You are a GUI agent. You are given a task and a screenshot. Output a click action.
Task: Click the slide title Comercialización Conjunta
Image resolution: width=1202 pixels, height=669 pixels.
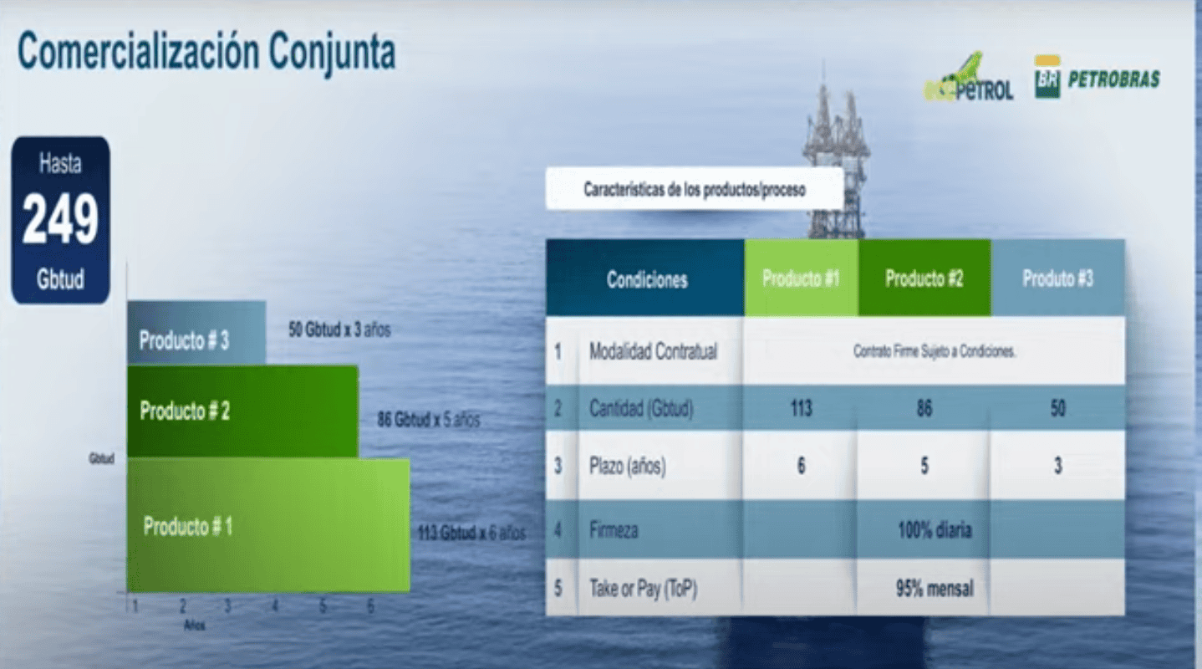point(206,52)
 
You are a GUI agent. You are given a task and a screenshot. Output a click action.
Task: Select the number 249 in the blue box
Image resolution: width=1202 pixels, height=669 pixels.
point(60,220)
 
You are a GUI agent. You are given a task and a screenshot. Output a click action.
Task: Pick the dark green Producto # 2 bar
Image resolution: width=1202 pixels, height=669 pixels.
point(242,411)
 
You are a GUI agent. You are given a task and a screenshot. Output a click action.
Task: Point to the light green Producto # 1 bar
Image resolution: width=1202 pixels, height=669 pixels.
point(267,525)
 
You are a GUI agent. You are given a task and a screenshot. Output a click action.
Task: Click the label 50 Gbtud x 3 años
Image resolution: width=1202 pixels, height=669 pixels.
point(339,329)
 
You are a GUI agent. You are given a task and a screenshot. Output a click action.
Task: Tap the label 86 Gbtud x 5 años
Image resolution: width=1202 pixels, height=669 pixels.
point(428,420)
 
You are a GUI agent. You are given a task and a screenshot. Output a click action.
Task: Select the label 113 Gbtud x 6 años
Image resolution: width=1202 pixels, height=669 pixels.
point(471,533)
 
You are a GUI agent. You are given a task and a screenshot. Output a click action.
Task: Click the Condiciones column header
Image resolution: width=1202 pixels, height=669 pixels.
point(647,279)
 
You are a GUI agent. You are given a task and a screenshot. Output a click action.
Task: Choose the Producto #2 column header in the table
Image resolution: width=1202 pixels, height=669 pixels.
point(924,278)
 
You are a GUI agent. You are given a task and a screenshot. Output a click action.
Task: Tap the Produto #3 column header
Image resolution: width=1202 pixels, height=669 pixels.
point(1057,278)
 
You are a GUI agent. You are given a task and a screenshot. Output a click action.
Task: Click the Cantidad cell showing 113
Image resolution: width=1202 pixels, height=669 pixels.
point(801,410)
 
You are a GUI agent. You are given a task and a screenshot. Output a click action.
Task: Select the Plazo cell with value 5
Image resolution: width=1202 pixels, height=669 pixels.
point(924,466)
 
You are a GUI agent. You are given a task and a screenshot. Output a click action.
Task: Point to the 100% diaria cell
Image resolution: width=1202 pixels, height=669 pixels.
point(935,529)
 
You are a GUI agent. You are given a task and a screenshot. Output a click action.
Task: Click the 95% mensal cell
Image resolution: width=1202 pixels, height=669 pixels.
point(935,589)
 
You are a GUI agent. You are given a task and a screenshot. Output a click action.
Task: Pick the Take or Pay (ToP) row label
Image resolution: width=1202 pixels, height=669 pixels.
point(643,589)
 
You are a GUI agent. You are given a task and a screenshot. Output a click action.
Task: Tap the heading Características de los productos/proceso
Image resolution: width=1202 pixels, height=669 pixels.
point(694,190)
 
